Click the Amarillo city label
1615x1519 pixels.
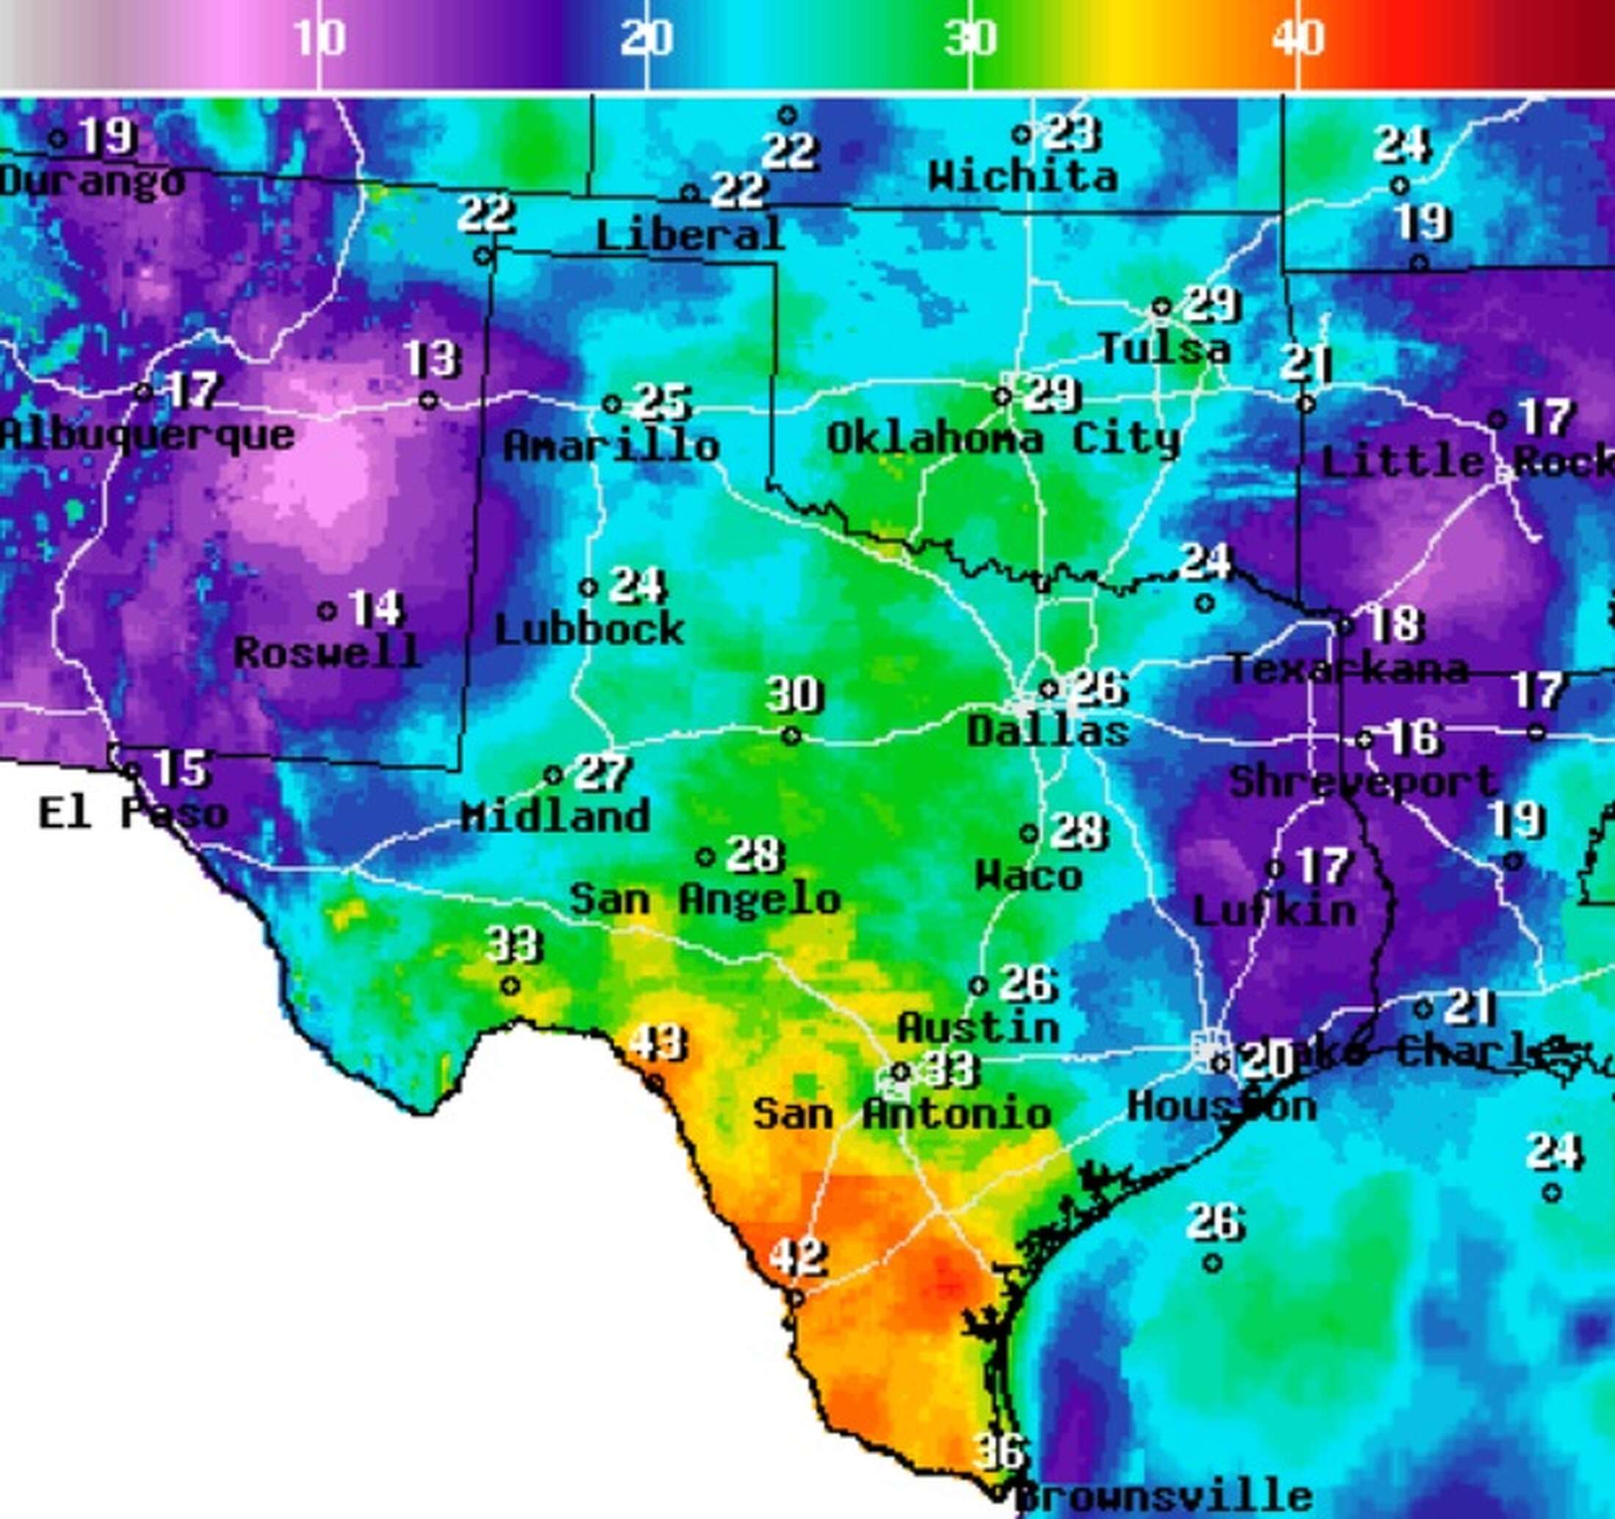[x=611, y=446]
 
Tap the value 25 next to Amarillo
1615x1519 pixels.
[x=662, y=402]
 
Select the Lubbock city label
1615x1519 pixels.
[x=589, y=629]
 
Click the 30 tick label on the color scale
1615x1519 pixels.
[x=970, y=37]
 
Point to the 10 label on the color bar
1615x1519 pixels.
[x=319, y=37]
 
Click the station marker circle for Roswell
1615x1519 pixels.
[x=327, y=611]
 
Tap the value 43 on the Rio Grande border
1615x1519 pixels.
[x=658, y=1043]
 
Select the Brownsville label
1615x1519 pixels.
[x=1164, y=1496]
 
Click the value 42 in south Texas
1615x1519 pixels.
[x=798, y=1258]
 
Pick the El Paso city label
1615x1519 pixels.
[x=133, y=813]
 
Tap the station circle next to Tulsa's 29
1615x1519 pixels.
[x=1161, y=307]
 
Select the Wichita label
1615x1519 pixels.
[x=1023, y=176]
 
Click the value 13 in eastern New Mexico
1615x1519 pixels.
[x=433, y=358]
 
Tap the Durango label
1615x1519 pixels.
[x=91, y=181]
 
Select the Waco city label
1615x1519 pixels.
[x=1028, y=876]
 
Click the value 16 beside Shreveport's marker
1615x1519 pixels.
[x=1415, y=738]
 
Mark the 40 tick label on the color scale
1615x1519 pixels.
[x=1298, y=37]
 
